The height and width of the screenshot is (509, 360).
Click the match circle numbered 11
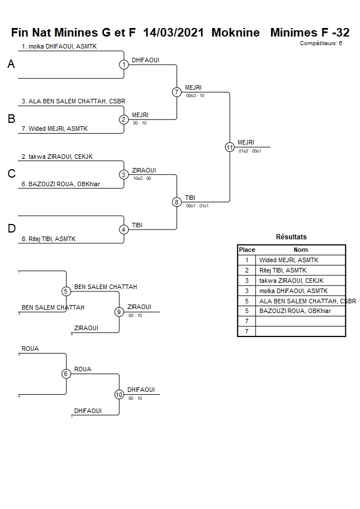[x=230, y=147]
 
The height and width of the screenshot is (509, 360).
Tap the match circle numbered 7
[x=177, y=92]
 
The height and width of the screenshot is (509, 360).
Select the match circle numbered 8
[x=177, y=202]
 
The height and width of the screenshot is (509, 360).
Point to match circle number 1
[x=124, y=65]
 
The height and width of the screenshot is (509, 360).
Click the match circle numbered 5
[x=66, y=291]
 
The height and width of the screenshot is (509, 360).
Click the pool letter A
[x=11, y=65]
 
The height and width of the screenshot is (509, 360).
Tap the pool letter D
[x=11, y=229]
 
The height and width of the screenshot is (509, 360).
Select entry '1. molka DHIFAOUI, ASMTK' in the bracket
[x=59, y=46]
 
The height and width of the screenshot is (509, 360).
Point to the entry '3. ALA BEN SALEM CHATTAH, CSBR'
[x=73, y=101]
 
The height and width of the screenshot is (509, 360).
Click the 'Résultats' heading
[x=291, y=237]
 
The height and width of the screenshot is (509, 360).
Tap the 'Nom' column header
[x=301, y=250]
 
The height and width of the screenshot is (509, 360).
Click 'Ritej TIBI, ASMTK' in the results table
[x=283, y=270]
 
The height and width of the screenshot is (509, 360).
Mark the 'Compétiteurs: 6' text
[x=321, y=43]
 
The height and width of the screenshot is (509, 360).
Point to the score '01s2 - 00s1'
[x=250, y=151]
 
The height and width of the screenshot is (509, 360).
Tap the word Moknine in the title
[x=235, y=33]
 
